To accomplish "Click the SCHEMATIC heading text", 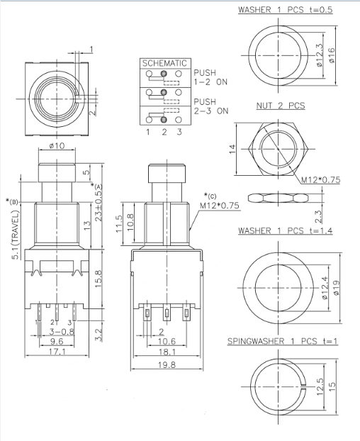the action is point(164,63).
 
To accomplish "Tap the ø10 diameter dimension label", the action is point(57,145).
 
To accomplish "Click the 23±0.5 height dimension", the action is point(99,205).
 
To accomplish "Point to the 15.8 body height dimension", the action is point(99,279).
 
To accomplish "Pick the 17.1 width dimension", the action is point(57,352).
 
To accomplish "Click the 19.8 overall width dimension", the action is point(167,364).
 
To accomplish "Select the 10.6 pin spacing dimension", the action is point(167,341).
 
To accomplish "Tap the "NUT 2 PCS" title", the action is point(281,106).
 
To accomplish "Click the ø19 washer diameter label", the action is point(336,288).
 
